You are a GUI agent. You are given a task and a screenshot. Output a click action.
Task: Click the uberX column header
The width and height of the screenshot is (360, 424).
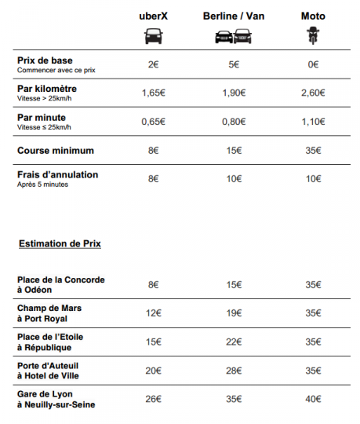153,16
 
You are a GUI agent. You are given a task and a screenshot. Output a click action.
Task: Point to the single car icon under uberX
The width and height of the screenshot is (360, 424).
153,36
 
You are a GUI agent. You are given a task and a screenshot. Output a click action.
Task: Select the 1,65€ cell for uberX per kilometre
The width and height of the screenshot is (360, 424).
153,93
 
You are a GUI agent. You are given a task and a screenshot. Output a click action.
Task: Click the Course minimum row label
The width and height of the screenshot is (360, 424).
55,150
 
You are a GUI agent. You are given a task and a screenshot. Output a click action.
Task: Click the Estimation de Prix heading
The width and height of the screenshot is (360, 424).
60,244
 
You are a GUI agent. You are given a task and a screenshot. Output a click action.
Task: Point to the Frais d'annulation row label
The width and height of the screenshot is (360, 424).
57,175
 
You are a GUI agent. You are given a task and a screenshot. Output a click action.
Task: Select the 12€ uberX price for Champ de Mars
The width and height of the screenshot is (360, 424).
153,313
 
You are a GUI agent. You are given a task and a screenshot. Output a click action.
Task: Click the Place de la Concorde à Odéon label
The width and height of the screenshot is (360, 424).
60,284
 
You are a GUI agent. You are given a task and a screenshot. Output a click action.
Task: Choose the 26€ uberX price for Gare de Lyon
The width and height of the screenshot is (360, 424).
153,399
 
